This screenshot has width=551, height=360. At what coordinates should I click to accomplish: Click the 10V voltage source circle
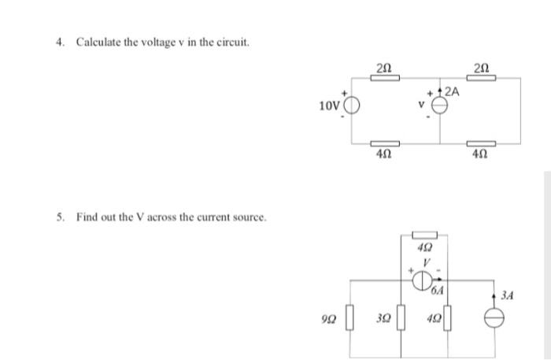351,106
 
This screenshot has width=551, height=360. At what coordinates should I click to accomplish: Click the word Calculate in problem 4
99,42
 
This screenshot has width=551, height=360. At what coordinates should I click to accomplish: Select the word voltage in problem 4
157,42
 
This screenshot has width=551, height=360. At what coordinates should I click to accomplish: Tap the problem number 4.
60,42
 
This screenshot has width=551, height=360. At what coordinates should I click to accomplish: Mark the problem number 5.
60,216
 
